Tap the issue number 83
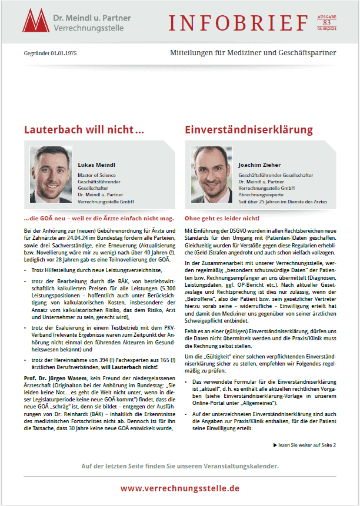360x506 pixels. (x=327, y=22)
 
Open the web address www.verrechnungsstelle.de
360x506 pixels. (x=180, y=488)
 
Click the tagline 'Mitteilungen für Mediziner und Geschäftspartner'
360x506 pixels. (x=253, y=53)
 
